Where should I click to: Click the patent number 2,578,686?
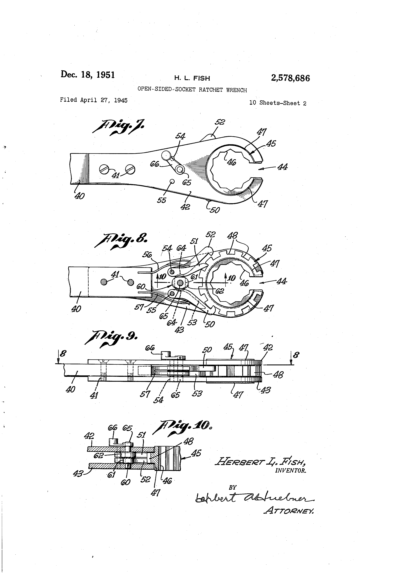pos(290,78)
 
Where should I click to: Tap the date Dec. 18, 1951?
pos(88,75)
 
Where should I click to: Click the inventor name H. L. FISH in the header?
pos(192,78)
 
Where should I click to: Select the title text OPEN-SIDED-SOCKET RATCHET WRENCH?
pos(192,90)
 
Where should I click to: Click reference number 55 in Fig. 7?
pos(161,200)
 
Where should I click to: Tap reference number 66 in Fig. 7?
pos(154,164)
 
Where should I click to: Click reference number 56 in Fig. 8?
pos(147,255)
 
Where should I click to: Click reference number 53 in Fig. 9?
pos(197,393)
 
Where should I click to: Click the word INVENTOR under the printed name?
pos(290,471)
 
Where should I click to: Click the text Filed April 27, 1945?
pos(94,100)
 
